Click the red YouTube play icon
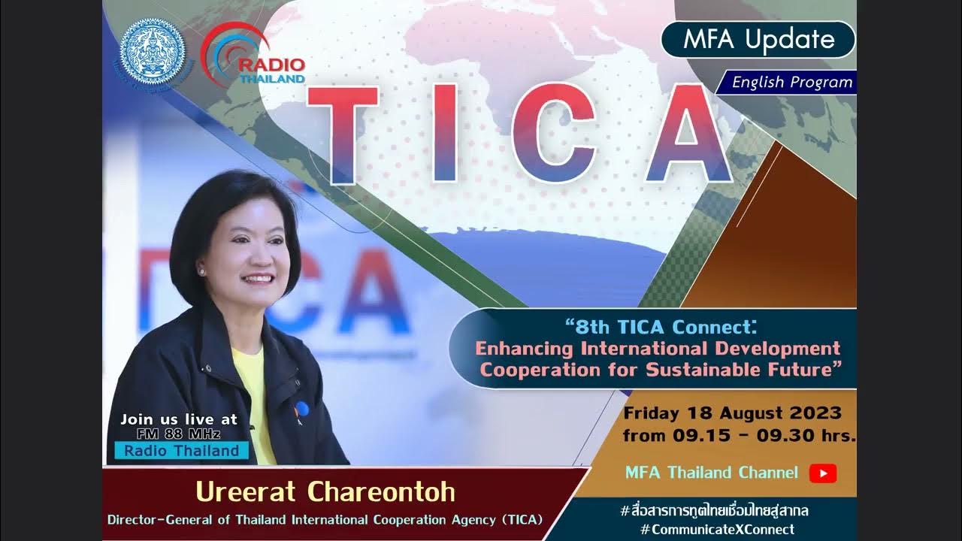(x=823, y=473)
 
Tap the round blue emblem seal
(x=153, y=51)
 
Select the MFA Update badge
(x=758, y=40)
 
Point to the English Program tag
(x=791, y=83)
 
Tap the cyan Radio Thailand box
(x=181, y=452)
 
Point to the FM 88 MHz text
(x=179, y=434)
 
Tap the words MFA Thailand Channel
(x=711, y=473)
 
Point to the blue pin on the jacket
(x=301, y=410)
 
